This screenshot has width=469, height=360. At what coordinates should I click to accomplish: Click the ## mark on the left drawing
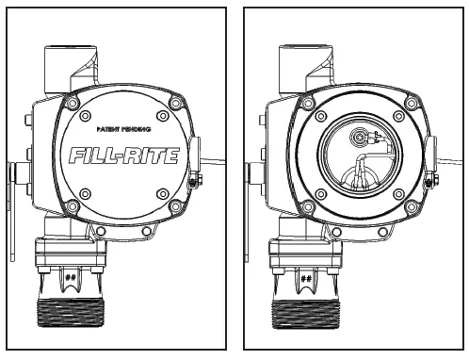[x=70, y=278]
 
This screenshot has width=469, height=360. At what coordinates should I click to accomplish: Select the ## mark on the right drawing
[x=305, y=278]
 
